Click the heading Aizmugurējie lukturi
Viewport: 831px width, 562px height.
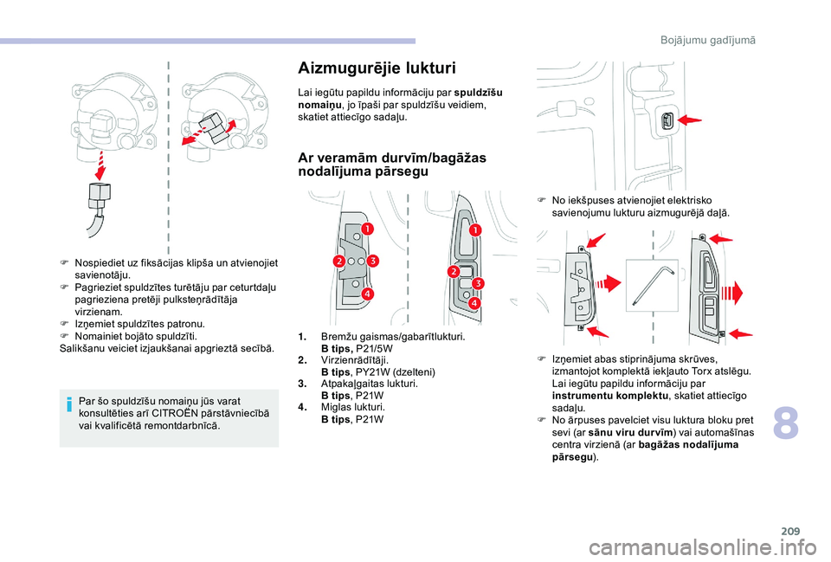[377, 68]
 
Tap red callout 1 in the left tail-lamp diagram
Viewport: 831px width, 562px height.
[366, 229]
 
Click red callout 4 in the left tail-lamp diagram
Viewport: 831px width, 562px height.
[367, 294]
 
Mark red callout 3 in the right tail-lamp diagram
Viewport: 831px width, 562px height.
[476, 283]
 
